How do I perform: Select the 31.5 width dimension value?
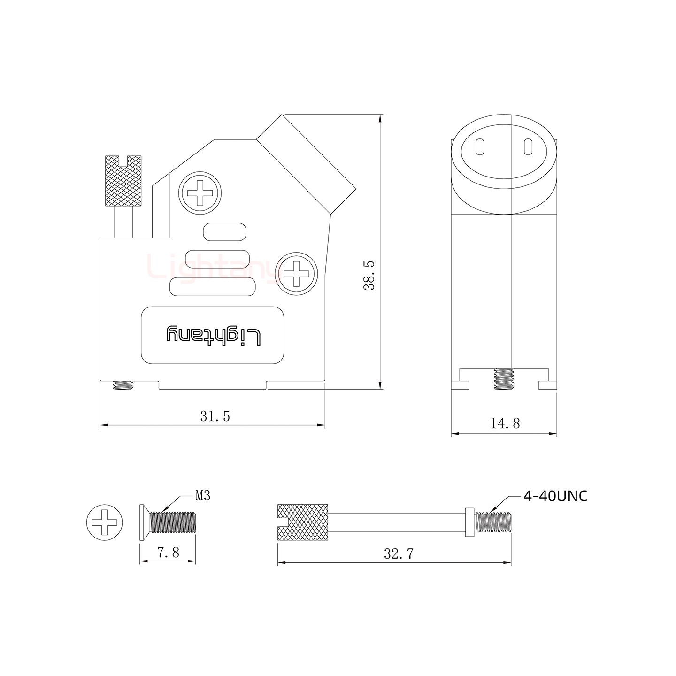point(215,416)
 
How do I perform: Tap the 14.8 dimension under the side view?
point(505,423)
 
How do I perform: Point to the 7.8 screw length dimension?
point(168,553)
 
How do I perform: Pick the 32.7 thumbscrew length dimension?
point(399,554)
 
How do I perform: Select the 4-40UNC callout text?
point(555,496)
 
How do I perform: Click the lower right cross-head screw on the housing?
point(296,274)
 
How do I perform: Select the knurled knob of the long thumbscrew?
point(303,522)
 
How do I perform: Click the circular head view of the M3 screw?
point(105,522)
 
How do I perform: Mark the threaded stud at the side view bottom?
point(504,378)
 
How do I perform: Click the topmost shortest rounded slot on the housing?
point(225,232)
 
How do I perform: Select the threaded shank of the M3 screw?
point(173,522)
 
